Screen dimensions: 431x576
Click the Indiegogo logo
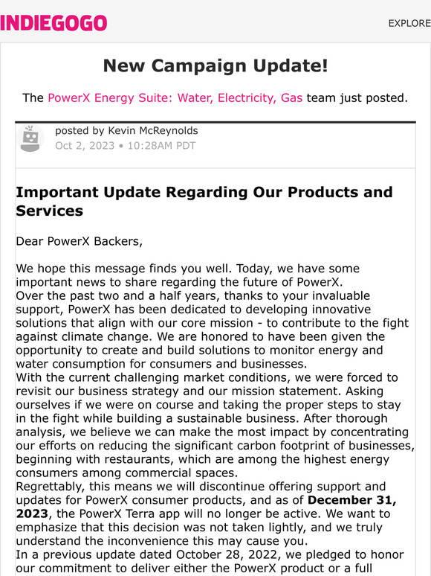[x=54, y=23]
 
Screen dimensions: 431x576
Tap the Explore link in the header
[x=409, y=23]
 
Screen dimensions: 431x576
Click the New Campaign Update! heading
[x=215, y=65]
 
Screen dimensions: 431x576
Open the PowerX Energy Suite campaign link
[x=175, y=97]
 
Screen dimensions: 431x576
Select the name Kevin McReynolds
[x=153, y=131]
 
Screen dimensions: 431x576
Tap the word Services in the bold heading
[x=49, y=211]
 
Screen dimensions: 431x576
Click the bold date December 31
[x=353, y=499]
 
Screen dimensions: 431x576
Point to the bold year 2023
[x=32, y=513]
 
